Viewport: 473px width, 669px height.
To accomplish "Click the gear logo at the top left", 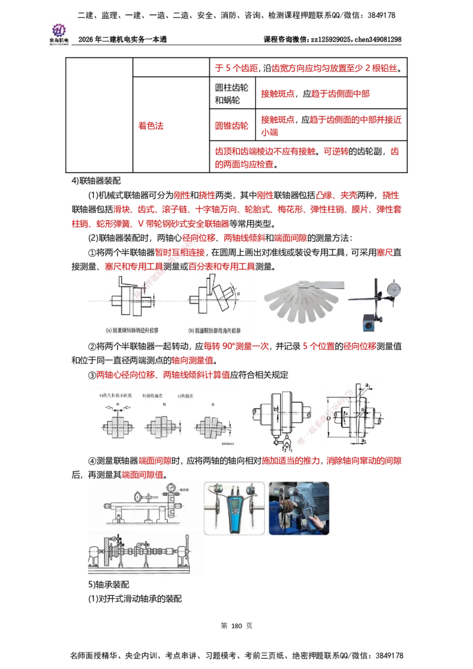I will [59, 30].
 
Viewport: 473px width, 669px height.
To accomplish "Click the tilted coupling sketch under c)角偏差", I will [209, 425].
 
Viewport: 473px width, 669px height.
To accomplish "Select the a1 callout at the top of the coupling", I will [369, 386].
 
